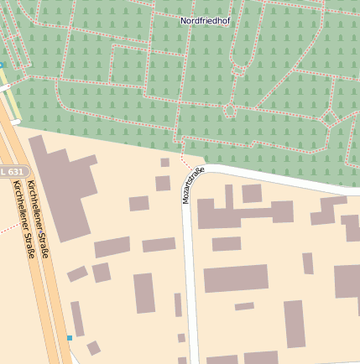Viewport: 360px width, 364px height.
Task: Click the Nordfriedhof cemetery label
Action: coord(204,19)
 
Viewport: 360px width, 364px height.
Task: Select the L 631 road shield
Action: coord(13,172)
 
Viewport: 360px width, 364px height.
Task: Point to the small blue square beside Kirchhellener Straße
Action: coord(70,338)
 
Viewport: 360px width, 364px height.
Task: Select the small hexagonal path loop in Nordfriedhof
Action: coord(230,109)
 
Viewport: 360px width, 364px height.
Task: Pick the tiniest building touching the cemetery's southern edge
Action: coord(164,162)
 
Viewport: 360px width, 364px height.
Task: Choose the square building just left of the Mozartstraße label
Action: coord(163,183)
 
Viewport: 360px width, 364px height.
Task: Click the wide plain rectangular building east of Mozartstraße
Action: coord(236,278)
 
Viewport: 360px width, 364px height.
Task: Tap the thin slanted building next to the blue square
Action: coord(77,319)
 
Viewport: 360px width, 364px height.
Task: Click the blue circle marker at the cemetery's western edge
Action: coord(1,65)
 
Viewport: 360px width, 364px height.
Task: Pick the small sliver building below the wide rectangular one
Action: coord(244,306)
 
